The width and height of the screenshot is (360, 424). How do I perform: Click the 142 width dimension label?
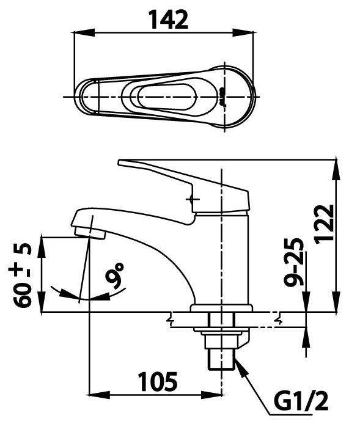(x=167, y=20)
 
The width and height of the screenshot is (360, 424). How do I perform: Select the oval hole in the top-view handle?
(x=166, y=97)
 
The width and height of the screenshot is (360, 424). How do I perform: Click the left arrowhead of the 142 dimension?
(x=78, y=34)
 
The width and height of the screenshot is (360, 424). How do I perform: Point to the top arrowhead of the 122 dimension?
(x=336, y=164)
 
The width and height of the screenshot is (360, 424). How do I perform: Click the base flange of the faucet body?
(x=221, y=308)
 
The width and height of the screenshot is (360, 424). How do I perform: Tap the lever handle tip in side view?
(x=122, y=163)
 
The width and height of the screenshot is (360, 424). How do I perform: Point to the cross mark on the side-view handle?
(x=193, y=199)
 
